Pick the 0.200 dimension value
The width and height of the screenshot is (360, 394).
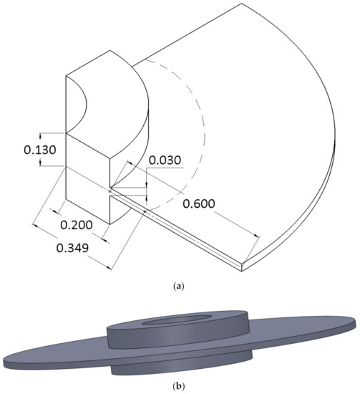pos(74,225)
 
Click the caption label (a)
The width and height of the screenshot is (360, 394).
pos(179,285)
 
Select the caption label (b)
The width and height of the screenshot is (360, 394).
pos(179,385)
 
